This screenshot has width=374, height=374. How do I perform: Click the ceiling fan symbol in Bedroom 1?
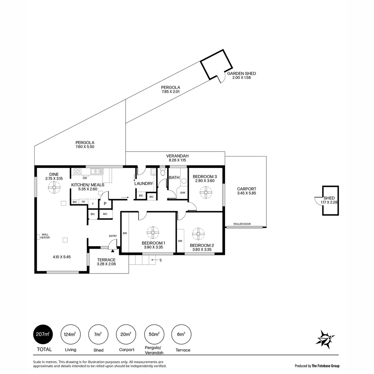pos(152,232)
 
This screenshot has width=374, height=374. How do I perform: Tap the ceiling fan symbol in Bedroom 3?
pos(206,193)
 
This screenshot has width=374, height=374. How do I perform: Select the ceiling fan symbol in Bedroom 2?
pos(198,234)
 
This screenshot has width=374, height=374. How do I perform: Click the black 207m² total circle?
pos(43,334)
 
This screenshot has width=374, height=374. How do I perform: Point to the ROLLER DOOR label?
pos(242,224)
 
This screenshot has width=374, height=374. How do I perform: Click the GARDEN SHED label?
pos(241,73)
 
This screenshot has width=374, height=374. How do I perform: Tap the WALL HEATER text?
pos(45,236)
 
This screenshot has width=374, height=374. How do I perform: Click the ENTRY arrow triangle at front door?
pos(113,250)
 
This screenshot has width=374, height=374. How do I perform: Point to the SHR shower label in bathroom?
pos(182,193)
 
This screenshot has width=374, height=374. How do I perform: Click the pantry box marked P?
pos(105,204)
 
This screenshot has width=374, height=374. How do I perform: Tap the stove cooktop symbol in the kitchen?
pos(77,171)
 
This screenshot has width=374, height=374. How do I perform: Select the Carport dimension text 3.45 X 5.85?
pos(247,193)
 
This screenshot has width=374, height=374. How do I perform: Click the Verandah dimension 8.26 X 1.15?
pos(177,160)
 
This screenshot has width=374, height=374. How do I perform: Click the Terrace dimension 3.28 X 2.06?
pos(106,264)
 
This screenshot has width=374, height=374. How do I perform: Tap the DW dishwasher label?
pos(84,178)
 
